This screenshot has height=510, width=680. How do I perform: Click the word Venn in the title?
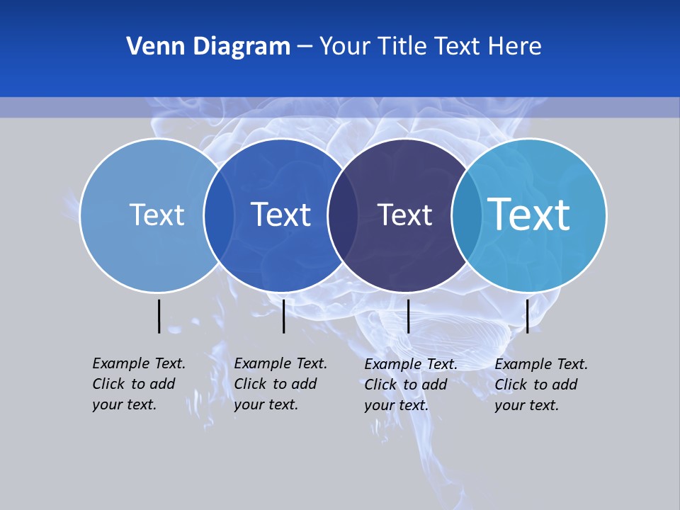[147, 46]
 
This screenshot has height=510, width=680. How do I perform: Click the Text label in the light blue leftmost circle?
[157, 215]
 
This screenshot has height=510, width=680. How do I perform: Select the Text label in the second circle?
[281, 215]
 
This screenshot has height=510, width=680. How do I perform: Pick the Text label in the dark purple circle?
[404, 215]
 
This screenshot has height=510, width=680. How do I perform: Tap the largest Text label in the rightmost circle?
[529, 214]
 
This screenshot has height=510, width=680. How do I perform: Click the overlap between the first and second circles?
[219, 215]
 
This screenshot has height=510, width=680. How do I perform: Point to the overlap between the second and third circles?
[344, 215]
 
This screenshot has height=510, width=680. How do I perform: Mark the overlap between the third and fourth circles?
[467, 215]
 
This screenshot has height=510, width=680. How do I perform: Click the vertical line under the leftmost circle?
[159, 316]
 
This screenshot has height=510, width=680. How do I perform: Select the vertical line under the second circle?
[283, 316]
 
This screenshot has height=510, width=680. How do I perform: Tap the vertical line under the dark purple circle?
[408, 316]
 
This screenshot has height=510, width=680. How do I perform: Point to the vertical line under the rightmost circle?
[527, 316]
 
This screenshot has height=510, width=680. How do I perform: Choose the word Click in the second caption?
[250, 384]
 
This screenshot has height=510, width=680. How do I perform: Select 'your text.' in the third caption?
[397, 405]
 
